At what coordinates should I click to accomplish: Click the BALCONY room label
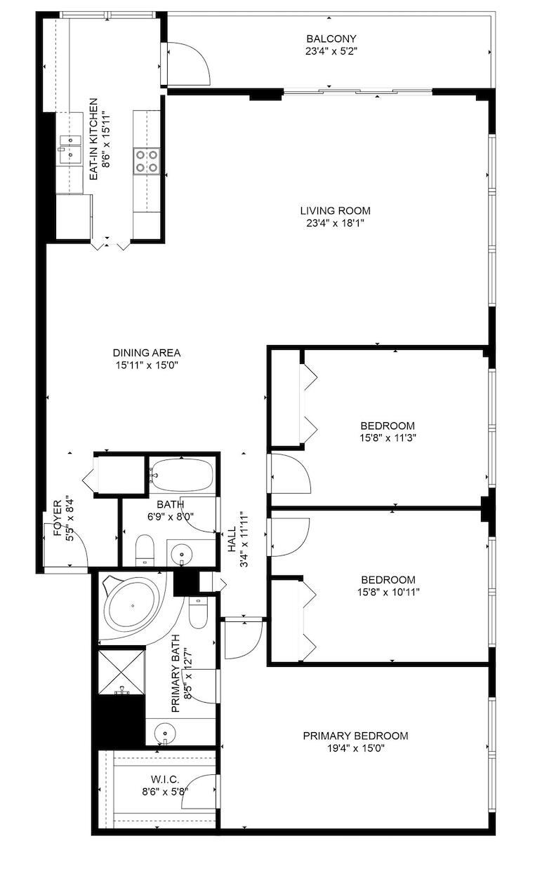322,39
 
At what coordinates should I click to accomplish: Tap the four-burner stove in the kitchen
147,161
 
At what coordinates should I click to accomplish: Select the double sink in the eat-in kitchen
71,149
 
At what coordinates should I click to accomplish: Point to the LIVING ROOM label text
335,210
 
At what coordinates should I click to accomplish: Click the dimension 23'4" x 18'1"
335,223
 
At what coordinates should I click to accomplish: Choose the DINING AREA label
142,353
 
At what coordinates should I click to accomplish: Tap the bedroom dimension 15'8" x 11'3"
388,438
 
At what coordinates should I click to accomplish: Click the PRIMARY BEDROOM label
355,736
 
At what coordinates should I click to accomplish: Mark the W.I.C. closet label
165,779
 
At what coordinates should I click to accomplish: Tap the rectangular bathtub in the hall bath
182,475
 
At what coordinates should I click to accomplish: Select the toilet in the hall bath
145,549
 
